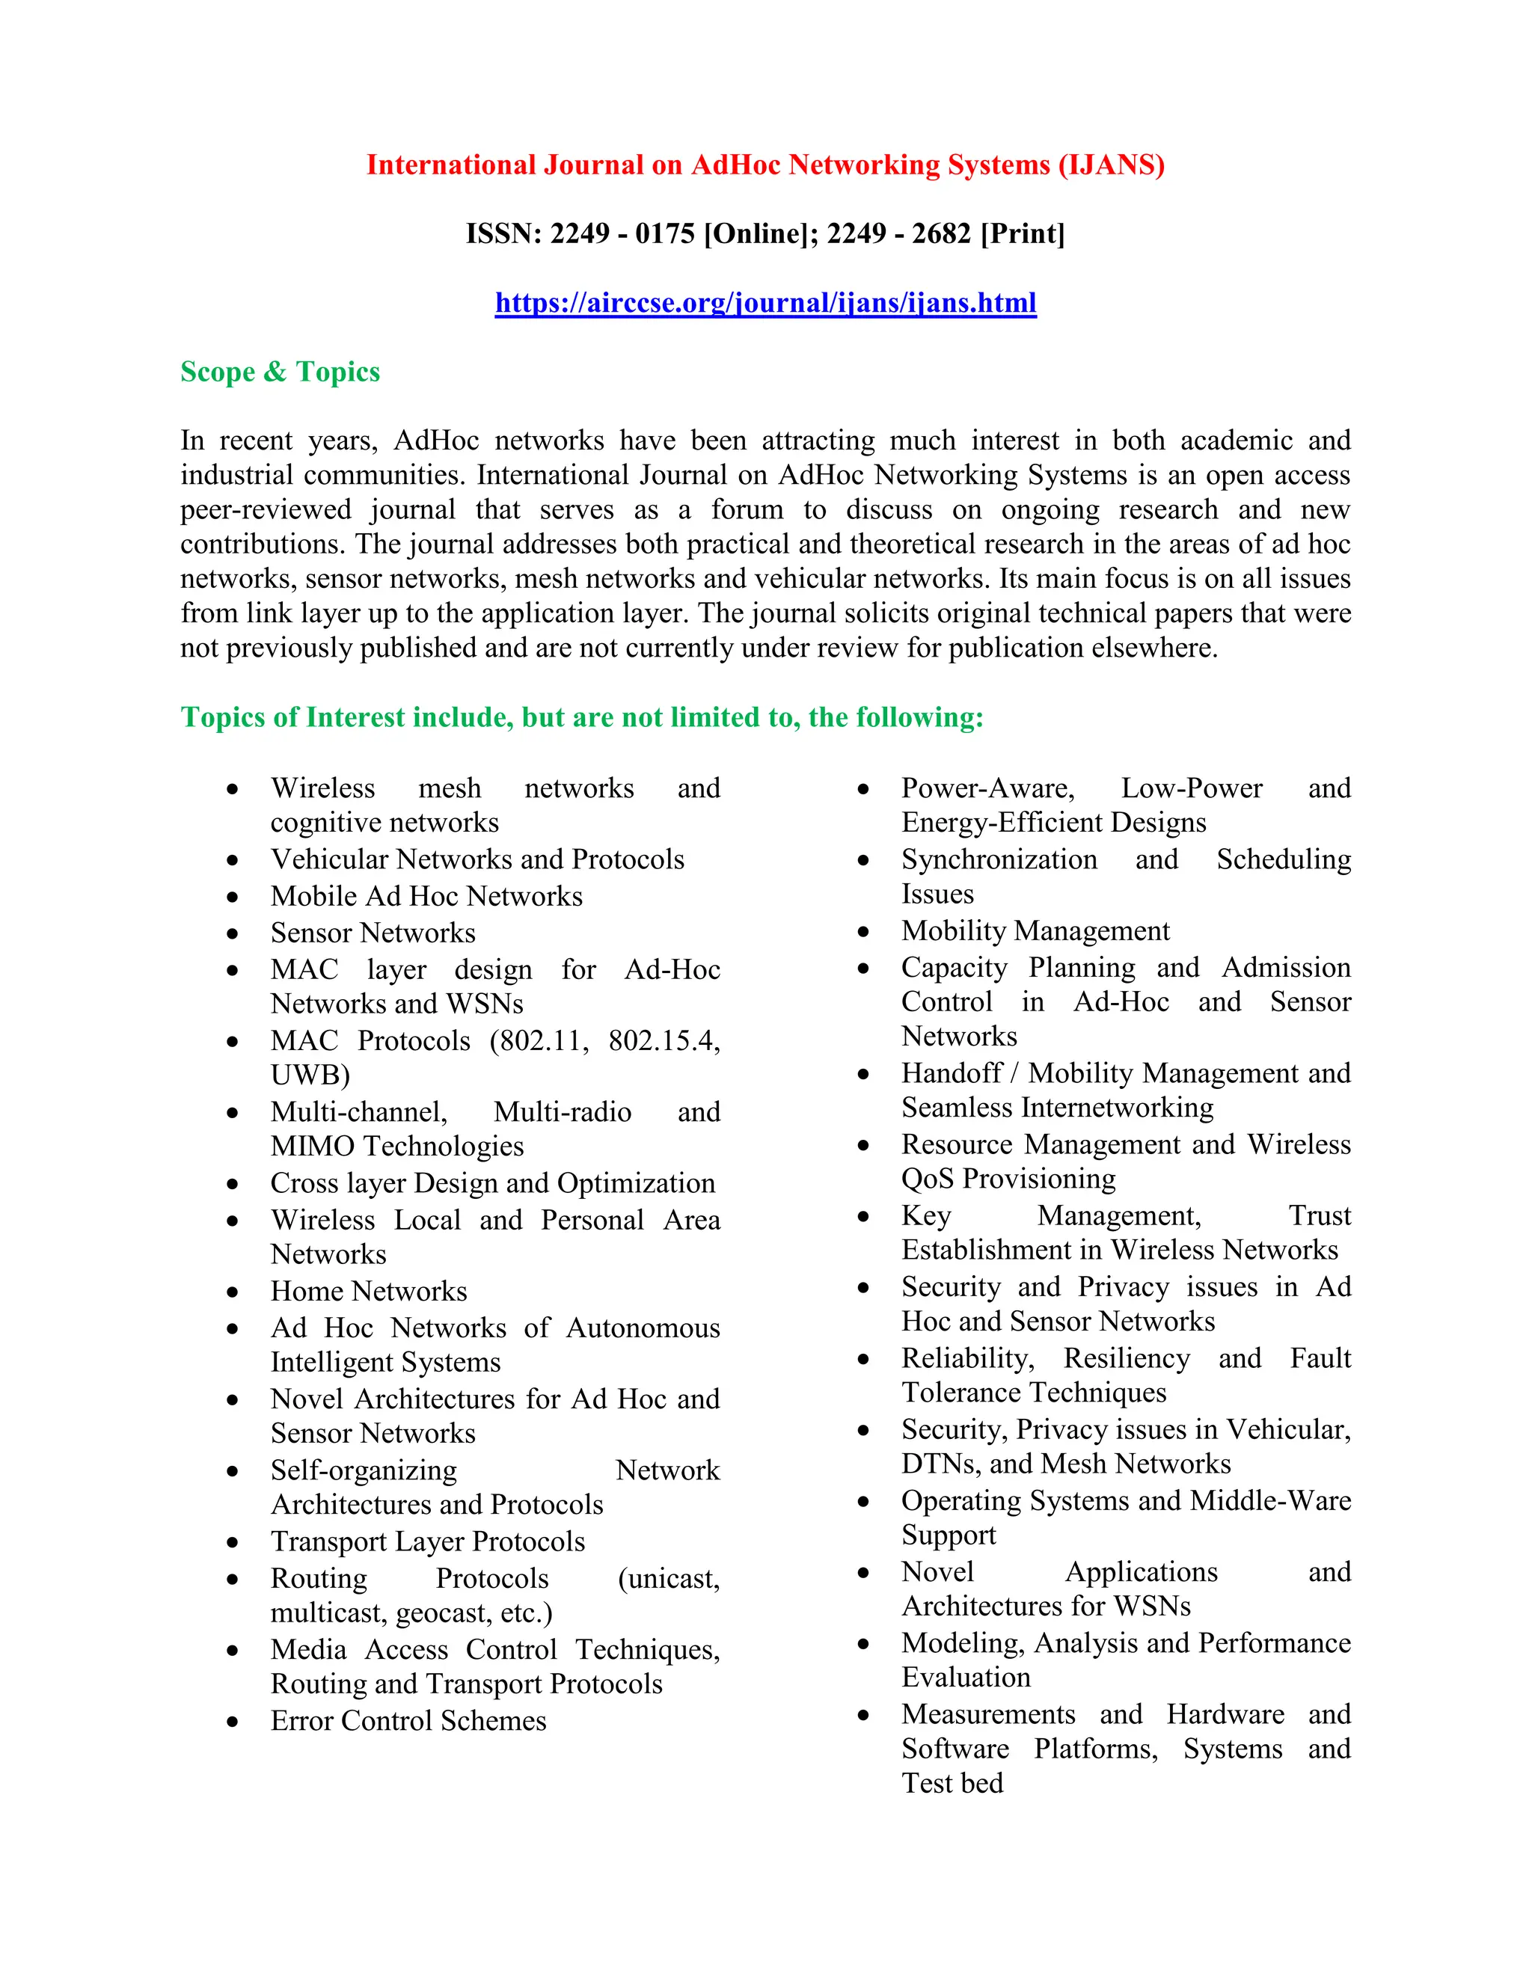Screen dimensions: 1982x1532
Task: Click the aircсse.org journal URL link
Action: pos(765,302)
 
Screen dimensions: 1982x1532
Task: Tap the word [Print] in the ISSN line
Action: pos(1022,233)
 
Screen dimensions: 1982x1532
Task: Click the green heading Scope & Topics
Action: pos(280,371)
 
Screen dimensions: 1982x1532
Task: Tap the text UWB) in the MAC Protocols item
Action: pos(310,1075)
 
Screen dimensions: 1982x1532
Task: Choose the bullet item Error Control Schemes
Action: pos(408,1721)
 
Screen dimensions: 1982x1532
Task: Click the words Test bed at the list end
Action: pos(952,1783)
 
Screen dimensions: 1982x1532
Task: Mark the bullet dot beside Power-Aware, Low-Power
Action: pos(863,790)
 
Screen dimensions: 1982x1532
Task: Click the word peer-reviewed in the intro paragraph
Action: pos(265,509)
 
